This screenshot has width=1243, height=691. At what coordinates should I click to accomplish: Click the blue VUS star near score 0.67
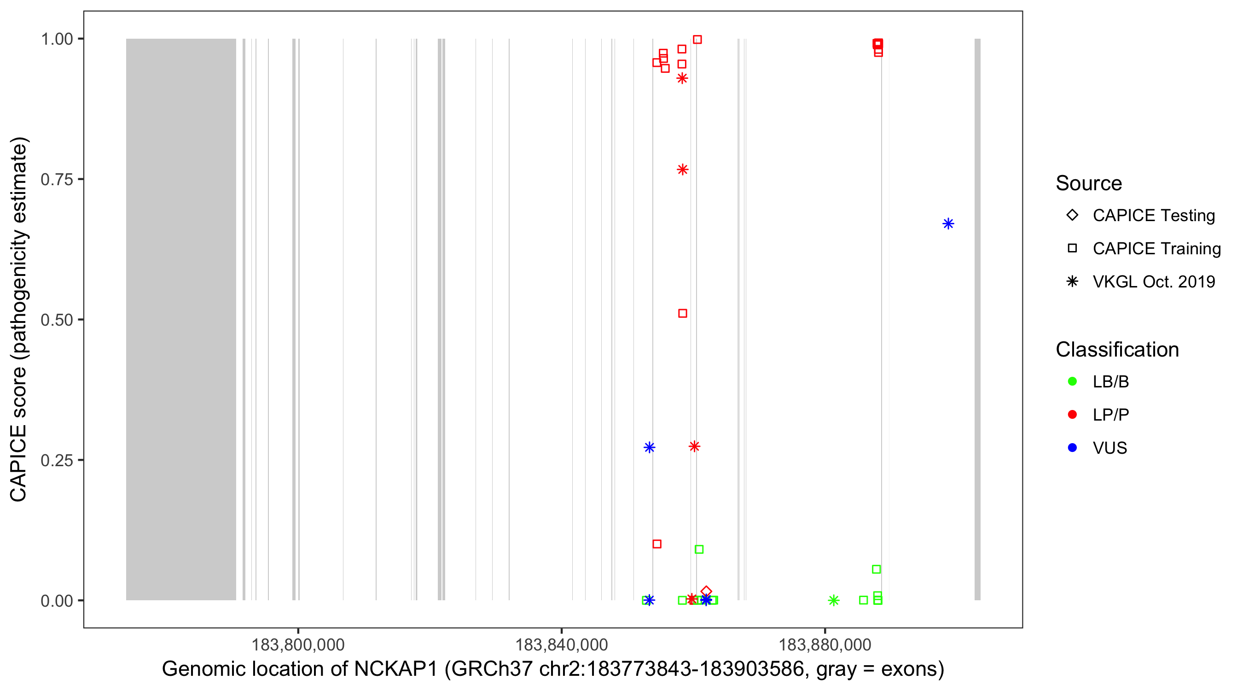click(948, 223)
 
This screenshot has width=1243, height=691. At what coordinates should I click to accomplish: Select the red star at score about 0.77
click(682, 170)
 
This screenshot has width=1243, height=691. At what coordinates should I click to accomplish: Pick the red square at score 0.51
click(682, 313)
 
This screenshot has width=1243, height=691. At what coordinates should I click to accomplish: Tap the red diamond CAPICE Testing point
click(706, 591)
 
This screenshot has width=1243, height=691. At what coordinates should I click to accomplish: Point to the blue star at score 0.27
click(650, 447)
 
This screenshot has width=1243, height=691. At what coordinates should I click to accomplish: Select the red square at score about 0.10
click(657, 544)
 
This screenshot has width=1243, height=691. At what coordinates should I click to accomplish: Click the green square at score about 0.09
click(699, 549)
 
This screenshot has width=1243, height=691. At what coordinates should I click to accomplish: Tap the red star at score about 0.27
click(694, 446)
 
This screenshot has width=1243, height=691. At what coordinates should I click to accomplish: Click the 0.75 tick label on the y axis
click(57, 179)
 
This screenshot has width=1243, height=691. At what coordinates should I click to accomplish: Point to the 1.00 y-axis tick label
click(57, 39)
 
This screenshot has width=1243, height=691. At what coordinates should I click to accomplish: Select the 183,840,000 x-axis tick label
click(561, 644)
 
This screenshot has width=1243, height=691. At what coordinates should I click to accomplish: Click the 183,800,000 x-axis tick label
click(298, 644)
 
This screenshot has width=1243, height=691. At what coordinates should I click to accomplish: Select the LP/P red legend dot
click(1072, 415)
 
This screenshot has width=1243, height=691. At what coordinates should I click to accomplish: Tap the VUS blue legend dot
click(1072, 448)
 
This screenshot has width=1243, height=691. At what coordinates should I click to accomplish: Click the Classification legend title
click(1117, 350)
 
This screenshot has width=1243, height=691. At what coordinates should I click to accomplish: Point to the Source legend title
click(1089, 183)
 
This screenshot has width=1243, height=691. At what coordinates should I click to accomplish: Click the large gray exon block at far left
click(181, 319)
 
